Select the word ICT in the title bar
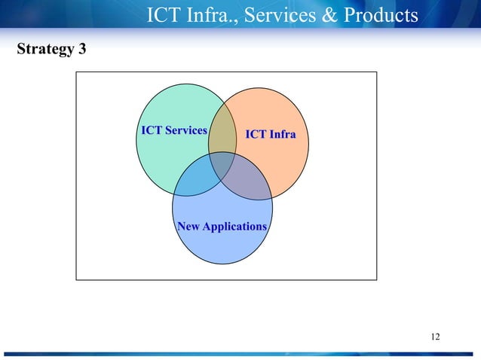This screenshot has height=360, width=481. click(x=163, y=14)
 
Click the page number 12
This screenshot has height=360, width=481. click(x=435, y=336)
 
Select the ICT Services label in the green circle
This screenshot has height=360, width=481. click(x=173, y=130)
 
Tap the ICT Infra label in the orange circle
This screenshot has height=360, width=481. click(x=271, y=135)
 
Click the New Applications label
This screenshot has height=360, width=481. click(x=222, y=226)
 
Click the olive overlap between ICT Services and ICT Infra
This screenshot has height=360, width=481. click(x=222, y=136)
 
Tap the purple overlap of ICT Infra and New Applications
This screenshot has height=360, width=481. click(x=247, y=179)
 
